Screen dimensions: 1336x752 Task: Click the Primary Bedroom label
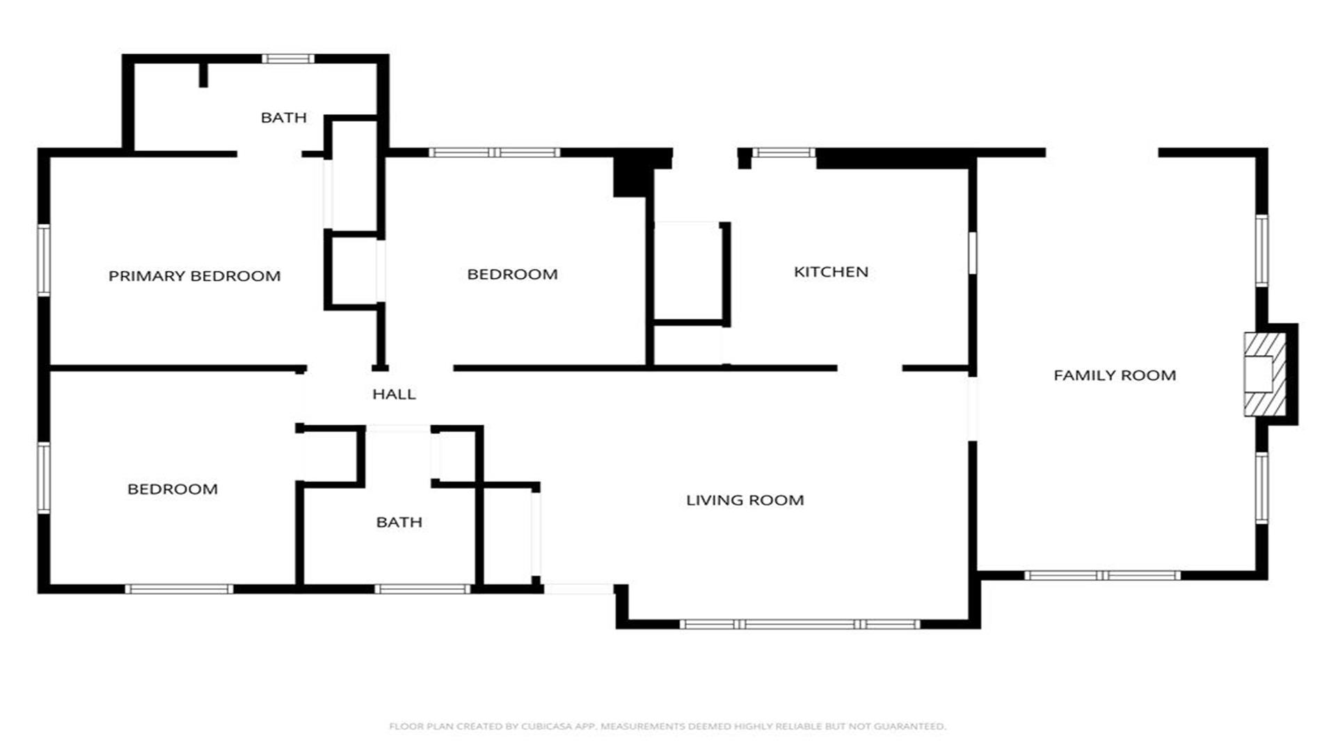(x=194, y=276)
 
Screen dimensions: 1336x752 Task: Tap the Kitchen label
(x=831, y=272)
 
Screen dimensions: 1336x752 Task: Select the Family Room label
(x=1115, y=375)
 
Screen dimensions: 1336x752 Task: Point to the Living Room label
(x=745, y=500)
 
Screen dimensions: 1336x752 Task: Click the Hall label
(x=394, y=394)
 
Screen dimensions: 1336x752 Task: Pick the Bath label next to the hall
(x=399, y=522)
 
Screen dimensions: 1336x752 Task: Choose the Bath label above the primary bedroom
(x=283, y=118)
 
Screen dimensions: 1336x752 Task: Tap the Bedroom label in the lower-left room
(x=173, y=489)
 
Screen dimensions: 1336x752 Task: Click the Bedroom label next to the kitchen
(x=512, y=274)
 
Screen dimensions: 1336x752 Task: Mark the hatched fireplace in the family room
(x=1265, y=375)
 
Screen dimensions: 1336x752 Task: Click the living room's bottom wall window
(x=800, y=624)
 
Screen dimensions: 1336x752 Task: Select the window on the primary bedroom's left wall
(x=44, y=260)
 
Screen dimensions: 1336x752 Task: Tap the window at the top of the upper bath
(x=287, y=58)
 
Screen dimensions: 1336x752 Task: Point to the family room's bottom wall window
(x=1102, y=575)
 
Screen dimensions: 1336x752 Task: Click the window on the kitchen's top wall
(x=784, y=152)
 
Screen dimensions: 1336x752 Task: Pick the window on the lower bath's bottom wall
(x=422, y=589)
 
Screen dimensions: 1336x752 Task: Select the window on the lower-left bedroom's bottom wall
(x=179, y=589)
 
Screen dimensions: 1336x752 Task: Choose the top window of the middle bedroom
(x=494, y=152)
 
